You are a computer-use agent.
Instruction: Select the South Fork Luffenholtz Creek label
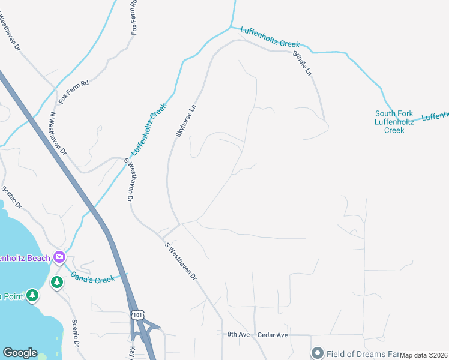[x=394, y=122]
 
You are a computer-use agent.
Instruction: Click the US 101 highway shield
[x=138, y=315]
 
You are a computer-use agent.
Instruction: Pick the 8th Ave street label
[x=238, y=334]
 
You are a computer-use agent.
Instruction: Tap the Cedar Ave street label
[x=273, y=334]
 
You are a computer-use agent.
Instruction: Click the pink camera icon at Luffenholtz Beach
[x=59, y=257]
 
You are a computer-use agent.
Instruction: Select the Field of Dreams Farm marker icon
[x=317, y=353]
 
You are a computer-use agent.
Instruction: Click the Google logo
[x=20, y=353]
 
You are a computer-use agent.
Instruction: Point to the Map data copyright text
[x=424, y=355]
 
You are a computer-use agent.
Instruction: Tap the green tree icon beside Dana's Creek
[x=57, y=281]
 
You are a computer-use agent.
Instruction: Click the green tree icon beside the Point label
[x=32, y=295]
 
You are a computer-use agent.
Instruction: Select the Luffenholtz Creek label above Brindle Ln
[x=270, y=37]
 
